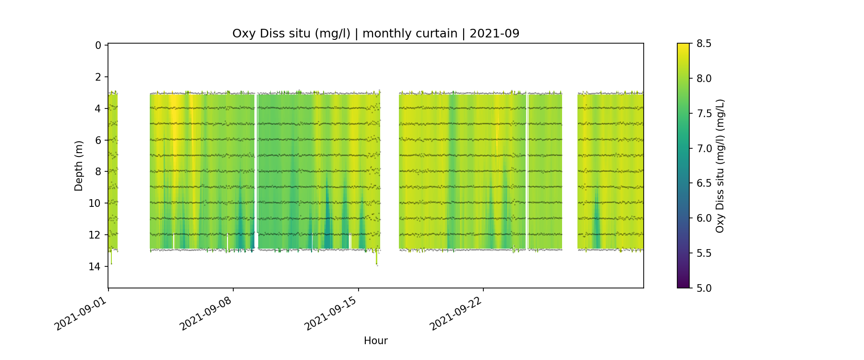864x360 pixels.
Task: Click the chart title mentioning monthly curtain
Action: (375, 34)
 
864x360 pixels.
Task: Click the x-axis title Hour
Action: (375, 341)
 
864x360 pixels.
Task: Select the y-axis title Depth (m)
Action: (79, 166)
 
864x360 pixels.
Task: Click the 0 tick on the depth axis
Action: (98, 46)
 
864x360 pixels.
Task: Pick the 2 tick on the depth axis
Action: (98, 77)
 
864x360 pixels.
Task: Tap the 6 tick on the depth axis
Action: (98, 140)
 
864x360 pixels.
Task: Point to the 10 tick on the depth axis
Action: (95, 204)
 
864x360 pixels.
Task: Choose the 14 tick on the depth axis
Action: (95, 266)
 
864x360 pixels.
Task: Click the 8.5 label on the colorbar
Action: (704, 44)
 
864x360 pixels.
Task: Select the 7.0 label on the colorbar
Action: (704, 148)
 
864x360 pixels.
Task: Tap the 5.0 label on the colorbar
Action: (704, 288)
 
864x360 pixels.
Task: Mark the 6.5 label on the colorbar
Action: (704, 183)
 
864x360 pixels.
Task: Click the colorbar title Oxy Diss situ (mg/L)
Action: (720, 166)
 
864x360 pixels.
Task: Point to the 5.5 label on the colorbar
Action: (704, 253)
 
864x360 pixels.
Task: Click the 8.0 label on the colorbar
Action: (704, 79)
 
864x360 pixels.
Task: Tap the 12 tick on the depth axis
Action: (95, 235)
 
